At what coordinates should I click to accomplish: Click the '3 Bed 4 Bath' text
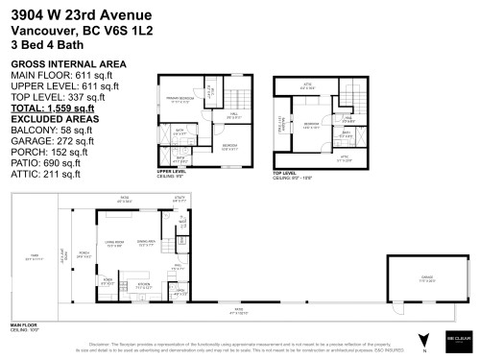[44, 43]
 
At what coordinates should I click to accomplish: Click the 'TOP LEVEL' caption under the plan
[286, 173]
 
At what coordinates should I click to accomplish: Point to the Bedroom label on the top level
[313, 124]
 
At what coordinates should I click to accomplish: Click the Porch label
[84, 253]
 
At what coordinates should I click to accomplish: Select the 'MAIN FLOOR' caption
[25, 326]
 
